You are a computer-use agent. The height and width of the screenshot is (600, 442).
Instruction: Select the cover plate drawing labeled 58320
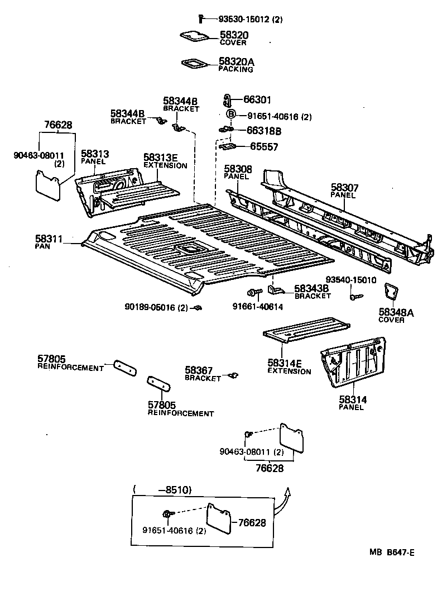[x=194, y=36]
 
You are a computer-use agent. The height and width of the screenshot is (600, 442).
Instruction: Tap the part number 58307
[x=345, y=188]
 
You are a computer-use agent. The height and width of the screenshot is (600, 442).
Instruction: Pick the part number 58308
[x=238, y=169]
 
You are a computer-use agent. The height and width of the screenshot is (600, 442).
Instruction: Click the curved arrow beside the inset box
[x=285, y=496]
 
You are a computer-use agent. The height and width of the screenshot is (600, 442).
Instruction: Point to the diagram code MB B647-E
[x=391, y=553]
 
